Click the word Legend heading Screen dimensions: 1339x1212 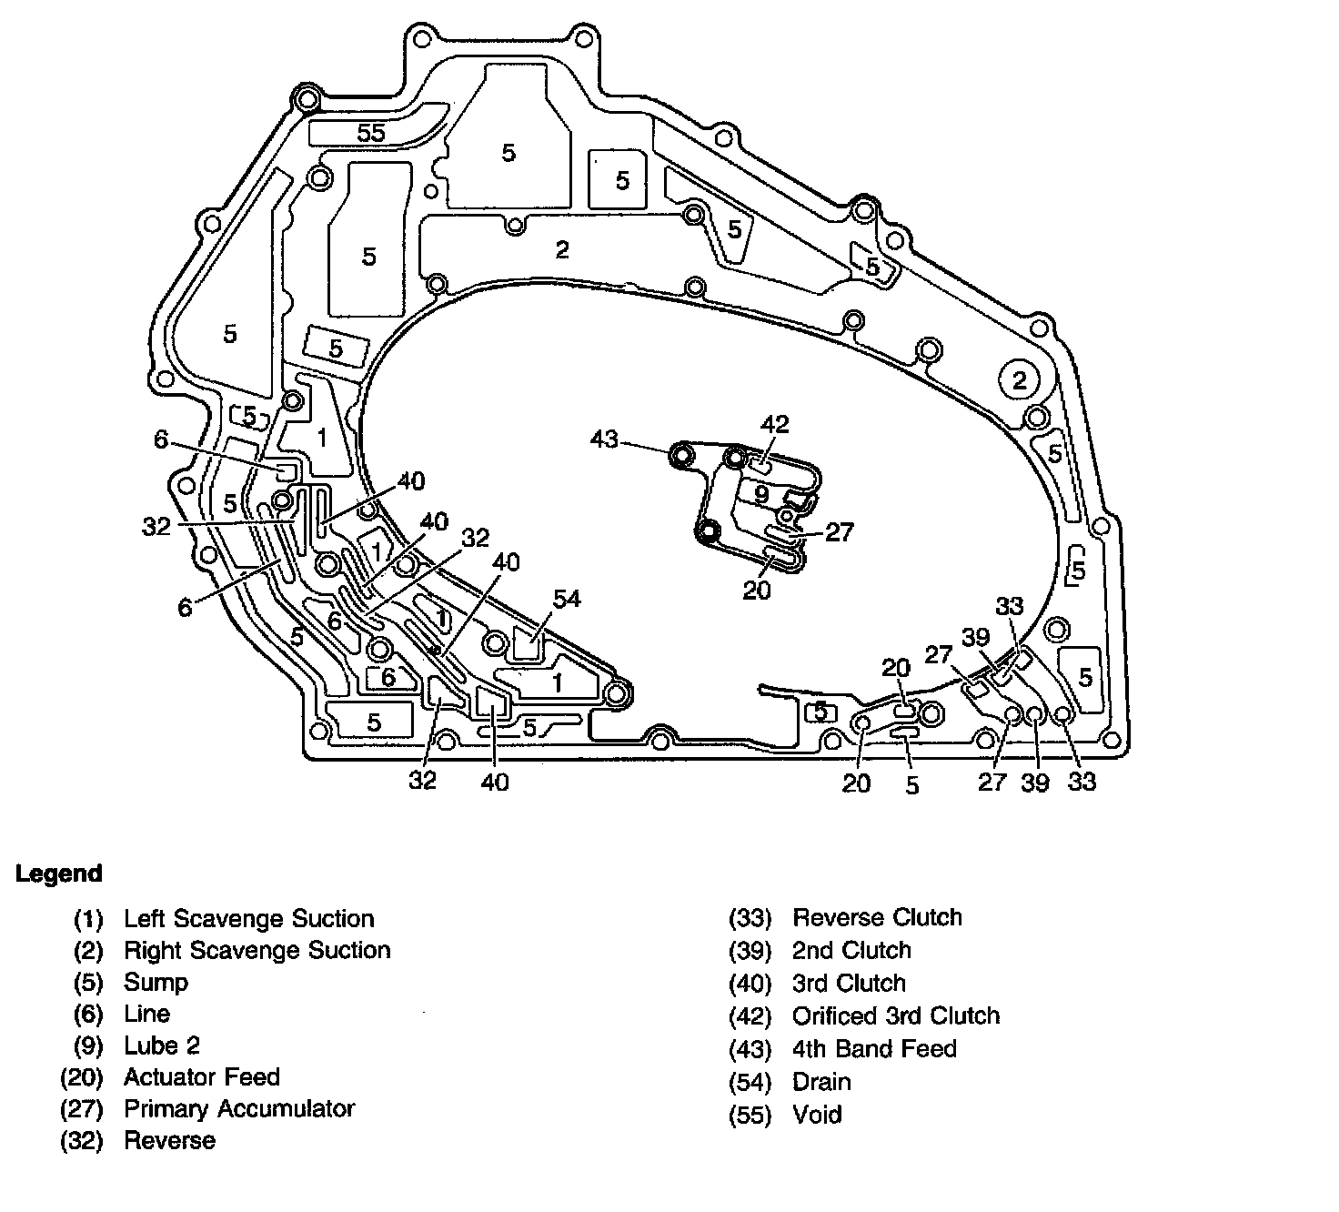tap(59, 874)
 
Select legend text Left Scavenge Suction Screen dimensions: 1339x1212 tap(249, 919)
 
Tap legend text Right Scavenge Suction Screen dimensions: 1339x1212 tap(257, 950)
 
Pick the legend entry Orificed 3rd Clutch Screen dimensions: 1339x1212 tap(896, 1015)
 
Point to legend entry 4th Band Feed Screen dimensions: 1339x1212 tap(874, 1048)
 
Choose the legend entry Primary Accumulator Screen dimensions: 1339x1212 tap(239, 1108)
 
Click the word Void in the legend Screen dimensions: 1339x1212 tap(817, 1115)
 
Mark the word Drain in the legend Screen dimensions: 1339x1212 tap(821, 1082)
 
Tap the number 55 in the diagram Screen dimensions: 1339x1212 tap(371, 133)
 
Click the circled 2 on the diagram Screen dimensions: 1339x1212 tap(1019, 380)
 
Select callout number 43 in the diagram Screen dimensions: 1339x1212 tap(605, 439)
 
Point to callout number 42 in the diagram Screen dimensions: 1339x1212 tap(774, 424)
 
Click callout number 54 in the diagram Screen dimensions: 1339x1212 tap(566, 599)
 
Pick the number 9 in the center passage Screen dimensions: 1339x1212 tap(761, 494)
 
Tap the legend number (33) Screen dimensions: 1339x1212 tap(750, 918)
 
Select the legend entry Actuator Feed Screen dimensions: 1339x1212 tap(202, 1076)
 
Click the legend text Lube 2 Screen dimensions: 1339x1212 tap(162, 1045)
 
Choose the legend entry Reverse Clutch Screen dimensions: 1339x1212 tap(877, 917)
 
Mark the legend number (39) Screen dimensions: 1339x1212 tap(750, 951)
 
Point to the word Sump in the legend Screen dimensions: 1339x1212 tap(156, 983)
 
